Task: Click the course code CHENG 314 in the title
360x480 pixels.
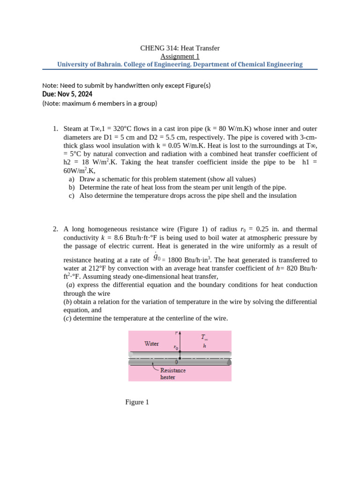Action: pyautogui.click(x=157, y=48)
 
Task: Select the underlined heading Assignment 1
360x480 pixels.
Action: pyautogui.click(x=180, y=56)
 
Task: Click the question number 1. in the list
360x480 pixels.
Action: pyautogui.click(x=55, y=128)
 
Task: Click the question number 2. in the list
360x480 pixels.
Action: pyautogui.click(x=55, y=229)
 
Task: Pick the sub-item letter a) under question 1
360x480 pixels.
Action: pyautogui.click(x=71, y=179)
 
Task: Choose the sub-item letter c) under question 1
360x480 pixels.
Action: pyautogui.click(x=71, y=195)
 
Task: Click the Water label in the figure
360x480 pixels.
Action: pyautogui.click(x=151, y=344)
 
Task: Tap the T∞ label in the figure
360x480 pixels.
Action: pyautogui.click(x=205, y=337)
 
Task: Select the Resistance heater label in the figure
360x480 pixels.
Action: pyautogui.click(x=173, y=374)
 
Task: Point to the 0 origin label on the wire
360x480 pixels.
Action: pyautogui.click(x=176, y=362)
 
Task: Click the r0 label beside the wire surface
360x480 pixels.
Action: pyautogui.click(x=175, y=348)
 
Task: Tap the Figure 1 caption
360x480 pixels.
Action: pyautogui.click(x=137, y=402)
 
